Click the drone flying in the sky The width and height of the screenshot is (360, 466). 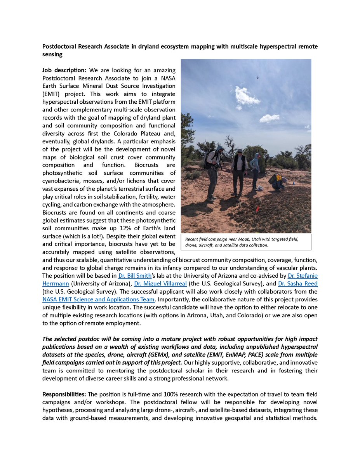point(257,78)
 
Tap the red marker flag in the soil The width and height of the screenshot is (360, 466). point(256,210)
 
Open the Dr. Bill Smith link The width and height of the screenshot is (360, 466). point(135,276)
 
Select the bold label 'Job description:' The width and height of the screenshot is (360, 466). point(64,70)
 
